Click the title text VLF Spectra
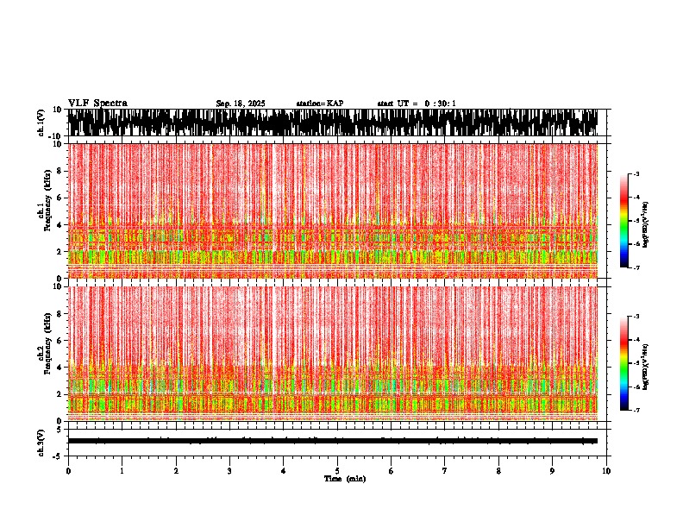(97, 104)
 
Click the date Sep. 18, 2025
(241, 104)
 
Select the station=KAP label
(320, 104)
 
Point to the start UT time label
(417, 104)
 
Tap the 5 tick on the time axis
(337, 471)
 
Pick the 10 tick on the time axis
(606, 471)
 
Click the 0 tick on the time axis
(68, 471)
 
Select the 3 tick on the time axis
(229, 471)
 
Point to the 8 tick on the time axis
(498, 471)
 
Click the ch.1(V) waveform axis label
(41, 123)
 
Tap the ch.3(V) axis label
(41, 442)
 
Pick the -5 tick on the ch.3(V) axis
(58, 455)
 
